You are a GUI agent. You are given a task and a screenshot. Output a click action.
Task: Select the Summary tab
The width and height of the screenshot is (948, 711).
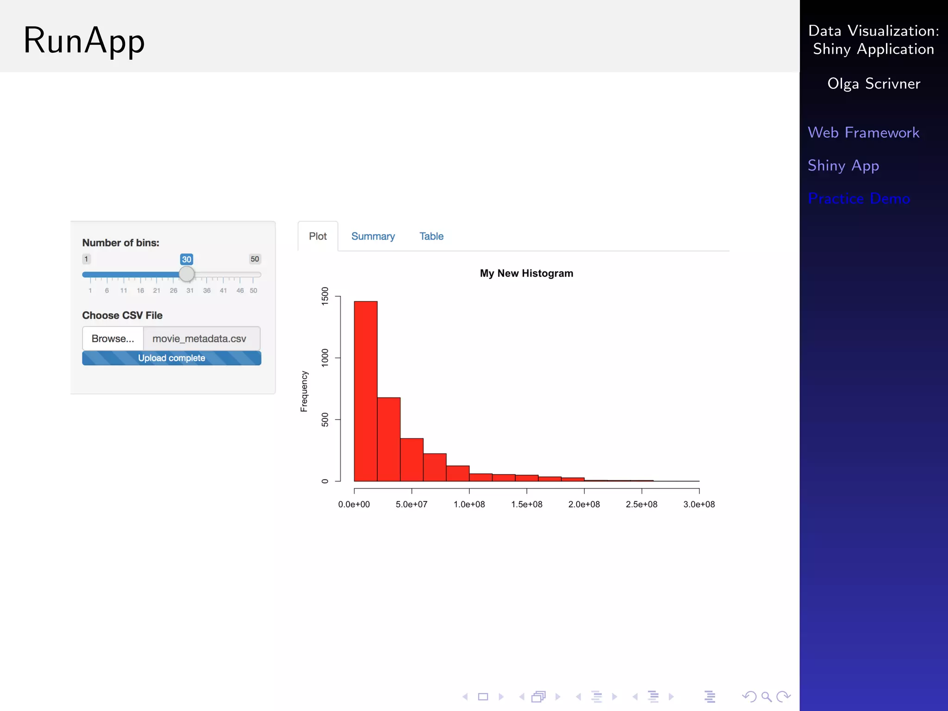click(x=373, y=237)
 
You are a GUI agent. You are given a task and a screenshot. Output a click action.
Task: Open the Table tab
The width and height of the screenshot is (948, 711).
click(x=431, y=237)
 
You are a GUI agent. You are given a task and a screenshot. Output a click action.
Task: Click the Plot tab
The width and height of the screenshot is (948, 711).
click(x=318, y=237)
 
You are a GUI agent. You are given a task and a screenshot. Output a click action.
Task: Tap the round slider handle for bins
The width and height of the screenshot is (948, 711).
click(x=187, y=274)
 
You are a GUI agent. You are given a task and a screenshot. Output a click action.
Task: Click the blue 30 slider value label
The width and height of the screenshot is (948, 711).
click(x=187, y=259)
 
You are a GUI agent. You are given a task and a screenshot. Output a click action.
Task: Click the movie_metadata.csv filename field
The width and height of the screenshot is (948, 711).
click(x=200, y=339)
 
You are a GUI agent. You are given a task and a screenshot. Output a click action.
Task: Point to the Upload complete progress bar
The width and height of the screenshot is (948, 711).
click(x=171, y=358)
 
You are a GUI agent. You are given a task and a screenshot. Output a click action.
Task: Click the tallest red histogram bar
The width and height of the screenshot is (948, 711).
click(x=366, y=391)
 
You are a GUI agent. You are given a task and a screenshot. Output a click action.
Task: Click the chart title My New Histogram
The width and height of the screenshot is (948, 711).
click(x=526, y=274)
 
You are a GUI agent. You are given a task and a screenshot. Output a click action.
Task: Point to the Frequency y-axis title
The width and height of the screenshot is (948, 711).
click(x=304, y=391)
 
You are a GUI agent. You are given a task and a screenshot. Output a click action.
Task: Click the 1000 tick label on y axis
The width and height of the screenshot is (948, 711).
click(x=325, y=358)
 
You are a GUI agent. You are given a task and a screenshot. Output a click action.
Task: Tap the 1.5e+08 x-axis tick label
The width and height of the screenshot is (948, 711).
click(x=527, y=505)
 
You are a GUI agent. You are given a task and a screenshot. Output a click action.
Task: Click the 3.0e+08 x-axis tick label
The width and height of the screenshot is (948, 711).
click(x=699, y=505)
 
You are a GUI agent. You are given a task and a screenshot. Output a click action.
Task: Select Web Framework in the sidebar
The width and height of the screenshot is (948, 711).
click(x=863, y=133)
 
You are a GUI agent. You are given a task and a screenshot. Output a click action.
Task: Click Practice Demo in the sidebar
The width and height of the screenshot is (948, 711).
click(x=859, y=199)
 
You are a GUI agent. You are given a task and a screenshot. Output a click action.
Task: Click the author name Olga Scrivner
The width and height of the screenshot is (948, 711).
click(x=873, y=84)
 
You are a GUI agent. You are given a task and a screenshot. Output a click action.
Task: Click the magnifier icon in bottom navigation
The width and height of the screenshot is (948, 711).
click(x=766, y=697)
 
